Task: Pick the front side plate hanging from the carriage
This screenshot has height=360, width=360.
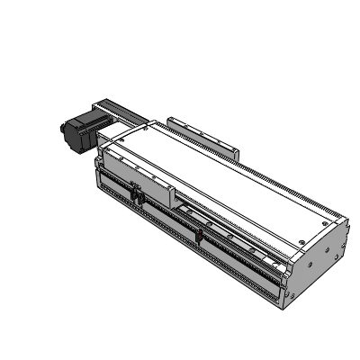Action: point(135,175)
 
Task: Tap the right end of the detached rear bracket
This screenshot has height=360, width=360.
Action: point(237,153)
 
